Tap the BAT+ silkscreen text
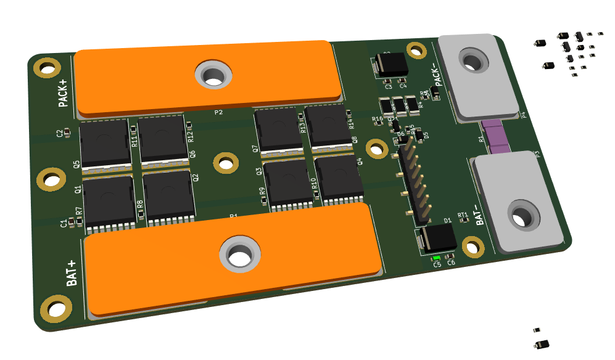click(72, 271)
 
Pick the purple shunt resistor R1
click(495, 137)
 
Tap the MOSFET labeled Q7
click(278, 129)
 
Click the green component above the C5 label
click(437, 257)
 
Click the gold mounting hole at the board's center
click(226, 163)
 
